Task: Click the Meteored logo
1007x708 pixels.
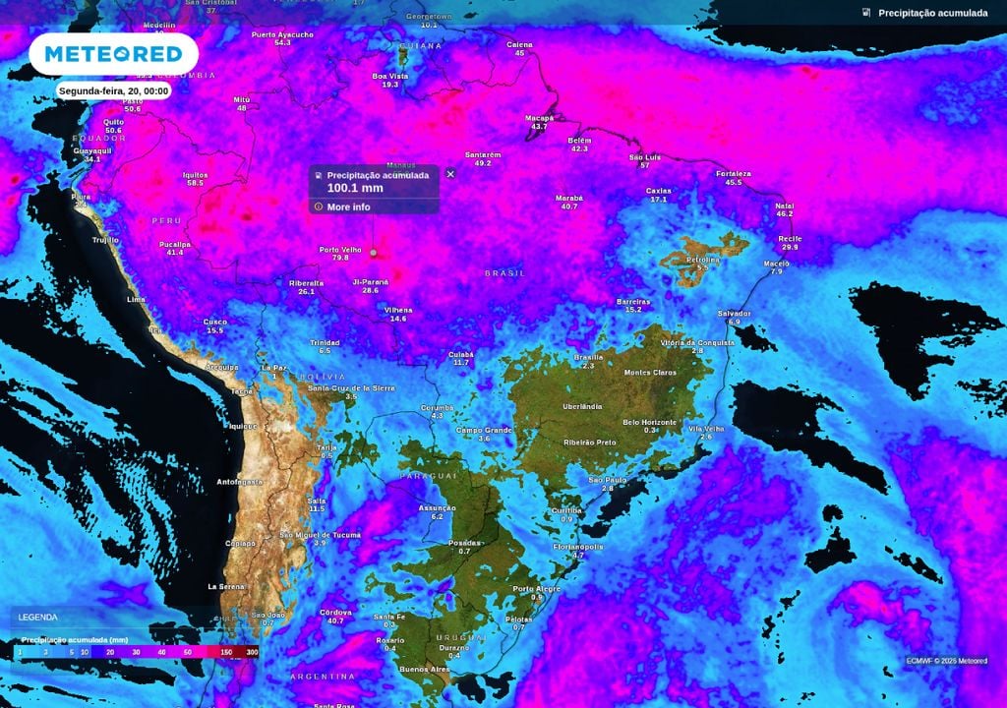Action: [113, 53]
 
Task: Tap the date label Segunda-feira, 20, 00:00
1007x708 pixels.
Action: [114, 90]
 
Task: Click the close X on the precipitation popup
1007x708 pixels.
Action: [450, 173]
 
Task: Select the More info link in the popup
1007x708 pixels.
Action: [348, 206]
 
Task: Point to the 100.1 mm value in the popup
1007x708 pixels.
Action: [355, 188]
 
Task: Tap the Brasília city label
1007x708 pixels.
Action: [588, 357]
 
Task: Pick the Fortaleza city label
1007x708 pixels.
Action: [734, 174]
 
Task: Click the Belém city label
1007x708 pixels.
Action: [579, 141]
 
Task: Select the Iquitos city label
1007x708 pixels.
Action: [195, 174]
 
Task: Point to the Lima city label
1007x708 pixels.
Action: [137, 298]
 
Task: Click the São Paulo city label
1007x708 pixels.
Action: [607, 480]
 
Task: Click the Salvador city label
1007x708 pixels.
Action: [734, 314]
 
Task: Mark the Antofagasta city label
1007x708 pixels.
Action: [240, 482]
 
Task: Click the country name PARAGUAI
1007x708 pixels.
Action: [429, 475]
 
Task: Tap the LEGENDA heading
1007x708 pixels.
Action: [37, 617]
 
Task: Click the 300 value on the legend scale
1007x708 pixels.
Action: [252, 652]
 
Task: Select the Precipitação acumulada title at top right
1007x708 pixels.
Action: [932, 13]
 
